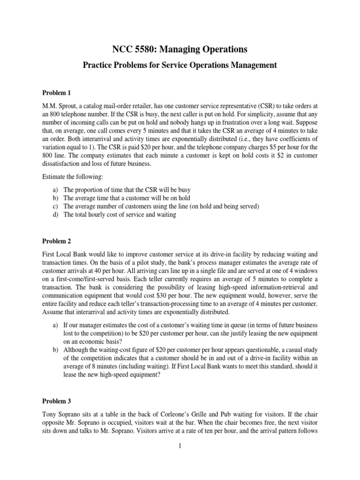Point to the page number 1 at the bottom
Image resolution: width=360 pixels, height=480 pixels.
click(x=180, y=446)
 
